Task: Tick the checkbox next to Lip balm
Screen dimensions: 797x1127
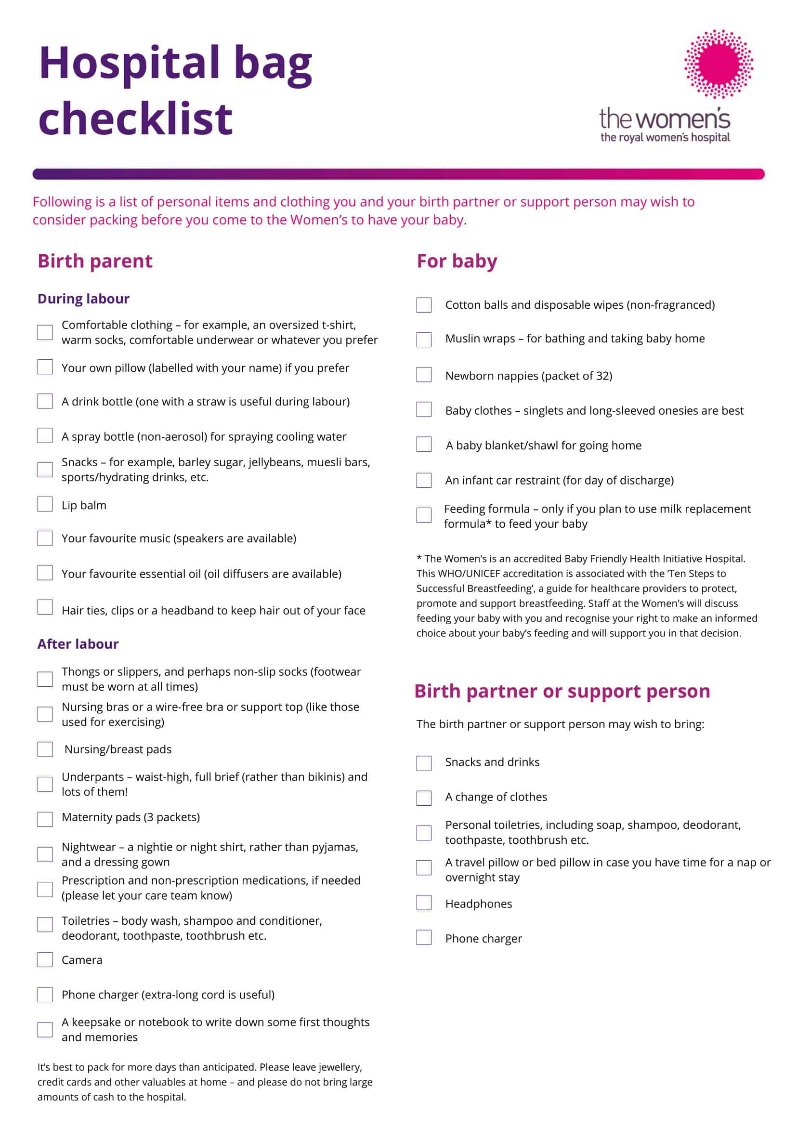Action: click(45, 504)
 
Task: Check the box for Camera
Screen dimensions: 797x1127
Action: click(45, 959)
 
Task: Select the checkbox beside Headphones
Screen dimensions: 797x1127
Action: click(423, 903)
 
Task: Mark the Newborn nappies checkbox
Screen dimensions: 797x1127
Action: click(423, 375)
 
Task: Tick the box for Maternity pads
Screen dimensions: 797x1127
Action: click(45, 819)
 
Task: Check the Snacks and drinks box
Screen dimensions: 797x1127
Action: click(423, 763)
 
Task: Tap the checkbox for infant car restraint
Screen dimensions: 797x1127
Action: click(423, 480)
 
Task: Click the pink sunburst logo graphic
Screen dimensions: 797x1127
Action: click(719, 64)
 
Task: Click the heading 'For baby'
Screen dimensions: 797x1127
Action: click(457, 261)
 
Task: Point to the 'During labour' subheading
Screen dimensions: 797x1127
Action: click(83, 299)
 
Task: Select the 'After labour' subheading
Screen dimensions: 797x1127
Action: click(78, 643)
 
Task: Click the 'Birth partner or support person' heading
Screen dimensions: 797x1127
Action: click(562, 691)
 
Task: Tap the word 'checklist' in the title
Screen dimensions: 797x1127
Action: click(135, 118)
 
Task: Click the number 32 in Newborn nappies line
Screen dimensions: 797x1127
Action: click(602, 376)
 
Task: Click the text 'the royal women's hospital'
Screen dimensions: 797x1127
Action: click(665, 137)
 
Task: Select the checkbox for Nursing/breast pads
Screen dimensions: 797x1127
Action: click(45, 749)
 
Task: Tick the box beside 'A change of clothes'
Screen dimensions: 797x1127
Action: click(423, 798)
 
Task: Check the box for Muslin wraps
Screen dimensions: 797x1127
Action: click(423, 340)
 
